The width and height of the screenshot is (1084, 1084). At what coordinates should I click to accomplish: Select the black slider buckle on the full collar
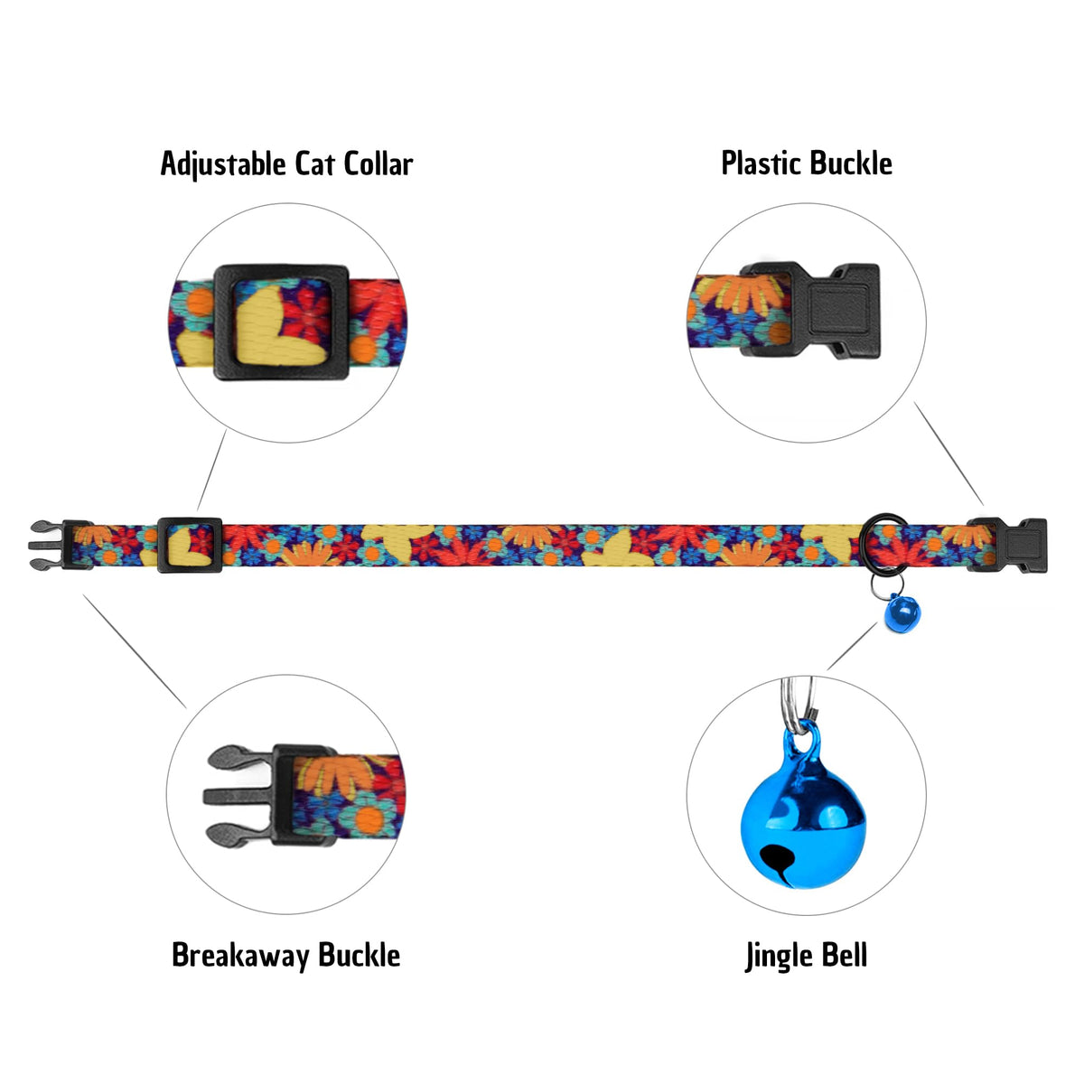[190, 544]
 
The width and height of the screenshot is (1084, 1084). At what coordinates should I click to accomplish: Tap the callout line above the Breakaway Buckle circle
[135, 650]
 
